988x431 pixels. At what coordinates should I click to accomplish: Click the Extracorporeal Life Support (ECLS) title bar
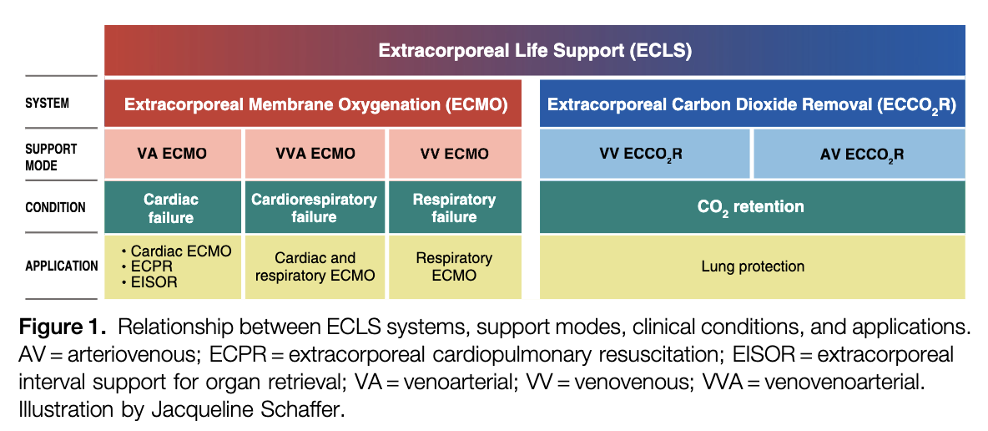pos(534,50)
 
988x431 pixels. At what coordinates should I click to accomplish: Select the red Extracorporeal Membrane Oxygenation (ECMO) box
pos(313,104)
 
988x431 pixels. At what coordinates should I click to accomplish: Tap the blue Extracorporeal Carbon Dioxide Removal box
pos(751,104)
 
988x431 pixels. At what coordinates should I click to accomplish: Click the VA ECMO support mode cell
pos(172,154)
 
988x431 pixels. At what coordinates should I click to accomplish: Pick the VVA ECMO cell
pos(315,154)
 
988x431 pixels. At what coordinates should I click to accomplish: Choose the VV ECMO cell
pos(454,154)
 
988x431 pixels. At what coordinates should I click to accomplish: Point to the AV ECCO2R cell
pos(859,154)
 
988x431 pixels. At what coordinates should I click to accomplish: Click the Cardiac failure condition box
pos(172,208)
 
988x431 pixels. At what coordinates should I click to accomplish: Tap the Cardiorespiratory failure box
pos(315,208)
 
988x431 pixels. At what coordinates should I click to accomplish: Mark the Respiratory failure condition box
pos(454,208)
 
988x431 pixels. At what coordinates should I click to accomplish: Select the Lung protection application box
pos(751,266)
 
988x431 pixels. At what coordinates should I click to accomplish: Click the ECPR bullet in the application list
pos(150,266)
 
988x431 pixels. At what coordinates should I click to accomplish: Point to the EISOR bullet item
pos(153,282)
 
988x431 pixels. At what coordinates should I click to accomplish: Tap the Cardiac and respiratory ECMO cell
pos(315,266)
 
